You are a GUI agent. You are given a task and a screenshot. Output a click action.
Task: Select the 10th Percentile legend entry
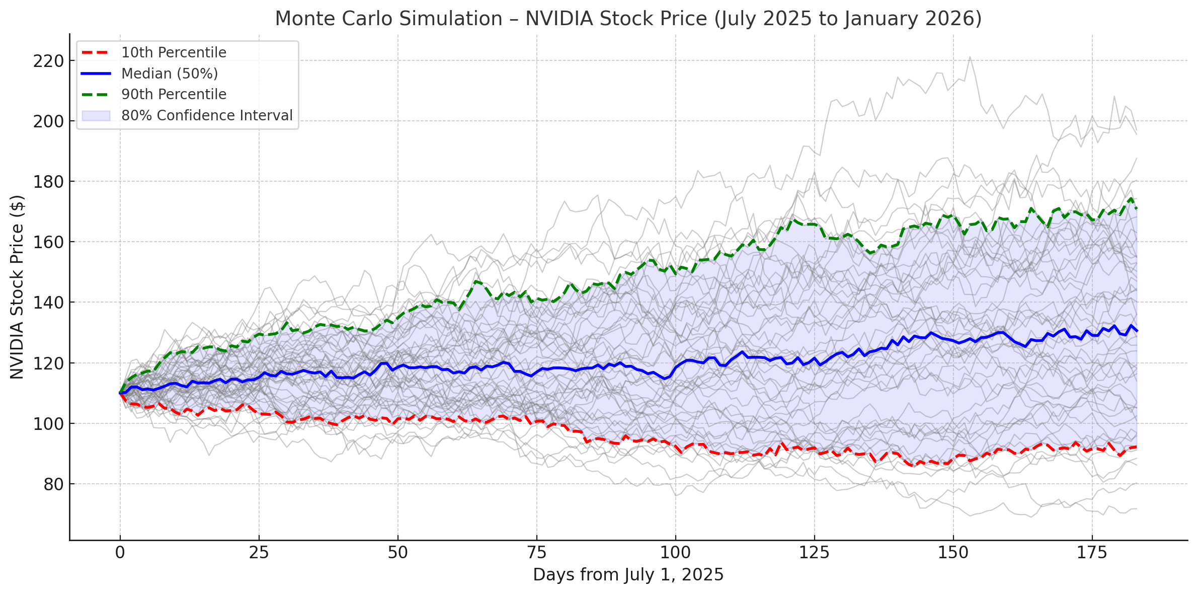point(174,52)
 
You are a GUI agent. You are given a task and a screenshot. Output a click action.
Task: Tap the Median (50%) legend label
point(170,73)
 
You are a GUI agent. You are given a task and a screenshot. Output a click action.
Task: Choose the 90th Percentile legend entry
point(174,94)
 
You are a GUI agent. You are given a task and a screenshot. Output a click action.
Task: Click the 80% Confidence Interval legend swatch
point(96,115)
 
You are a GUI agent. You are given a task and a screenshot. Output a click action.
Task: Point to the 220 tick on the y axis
point(49,61)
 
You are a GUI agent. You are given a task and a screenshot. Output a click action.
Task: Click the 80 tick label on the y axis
point(53,484)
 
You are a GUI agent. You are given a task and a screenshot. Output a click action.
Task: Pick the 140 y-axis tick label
point(49,303)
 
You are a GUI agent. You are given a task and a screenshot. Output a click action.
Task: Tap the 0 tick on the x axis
point(120,553)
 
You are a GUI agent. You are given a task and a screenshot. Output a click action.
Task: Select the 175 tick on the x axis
point(1092,553)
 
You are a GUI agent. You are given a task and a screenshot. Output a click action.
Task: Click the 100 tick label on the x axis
point(675,553)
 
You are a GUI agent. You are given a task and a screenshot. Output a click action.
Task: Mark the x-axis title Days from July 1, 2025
point(628,575)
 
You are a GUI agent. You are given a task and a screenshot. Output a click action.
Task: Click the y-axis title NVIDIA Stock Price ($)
point(17,287)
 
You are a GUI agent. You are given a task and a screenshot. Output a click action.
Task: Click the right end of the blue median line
point(1137,331)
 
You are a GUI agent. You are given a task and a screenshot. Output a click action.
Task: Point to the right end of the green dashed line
point(1137,208)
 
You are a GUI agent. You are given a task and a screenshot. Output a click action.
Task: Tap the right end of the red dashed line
point(1137,447)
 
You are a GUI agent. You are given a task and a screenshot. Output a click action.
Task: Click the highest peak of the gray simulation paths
point(970,57)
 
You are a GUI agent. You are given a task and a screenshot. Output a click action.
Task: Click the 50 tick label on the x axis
point(397,553)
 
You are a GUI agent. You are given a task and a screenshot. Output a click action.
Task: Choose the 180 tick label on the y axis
point(49,182)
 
